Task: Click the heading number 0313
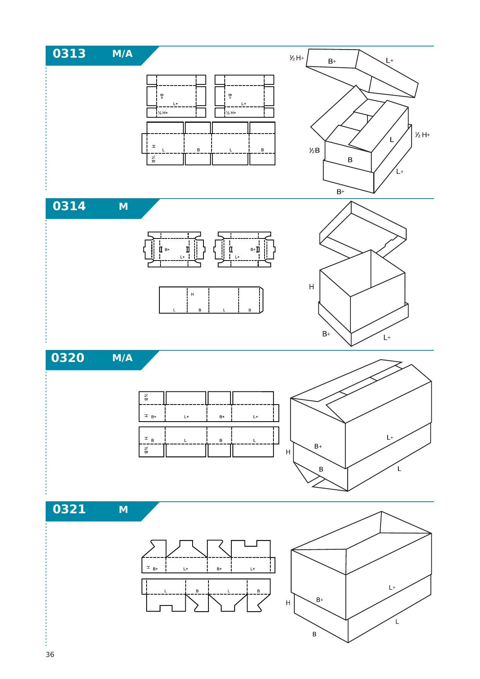69,53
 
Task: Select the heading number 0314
69,206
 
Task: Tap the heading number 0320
68,358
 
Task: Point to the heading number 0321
69,509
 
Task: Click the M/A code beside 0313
122,54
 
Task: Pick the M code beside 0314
123,207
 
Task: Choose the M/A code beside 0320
122,358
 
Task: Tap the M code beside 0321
123,510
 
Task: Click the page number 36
50,655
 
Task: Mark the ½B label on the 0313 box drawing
314,150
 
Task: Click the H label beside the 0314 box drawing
311,287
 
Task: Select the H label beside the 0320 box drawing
288,452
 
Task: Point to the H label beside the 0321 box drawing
288,603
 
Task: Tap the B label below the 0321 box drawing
314,634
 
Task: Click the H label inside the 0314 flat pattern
192,295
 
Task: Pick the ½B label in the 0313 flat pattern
154,159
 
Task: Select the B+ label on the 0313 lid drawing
332,61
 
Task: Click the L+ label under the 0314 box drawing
387,338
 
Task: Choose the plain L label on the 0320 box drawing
399,469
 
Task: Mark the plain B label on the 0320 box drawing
321,470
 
